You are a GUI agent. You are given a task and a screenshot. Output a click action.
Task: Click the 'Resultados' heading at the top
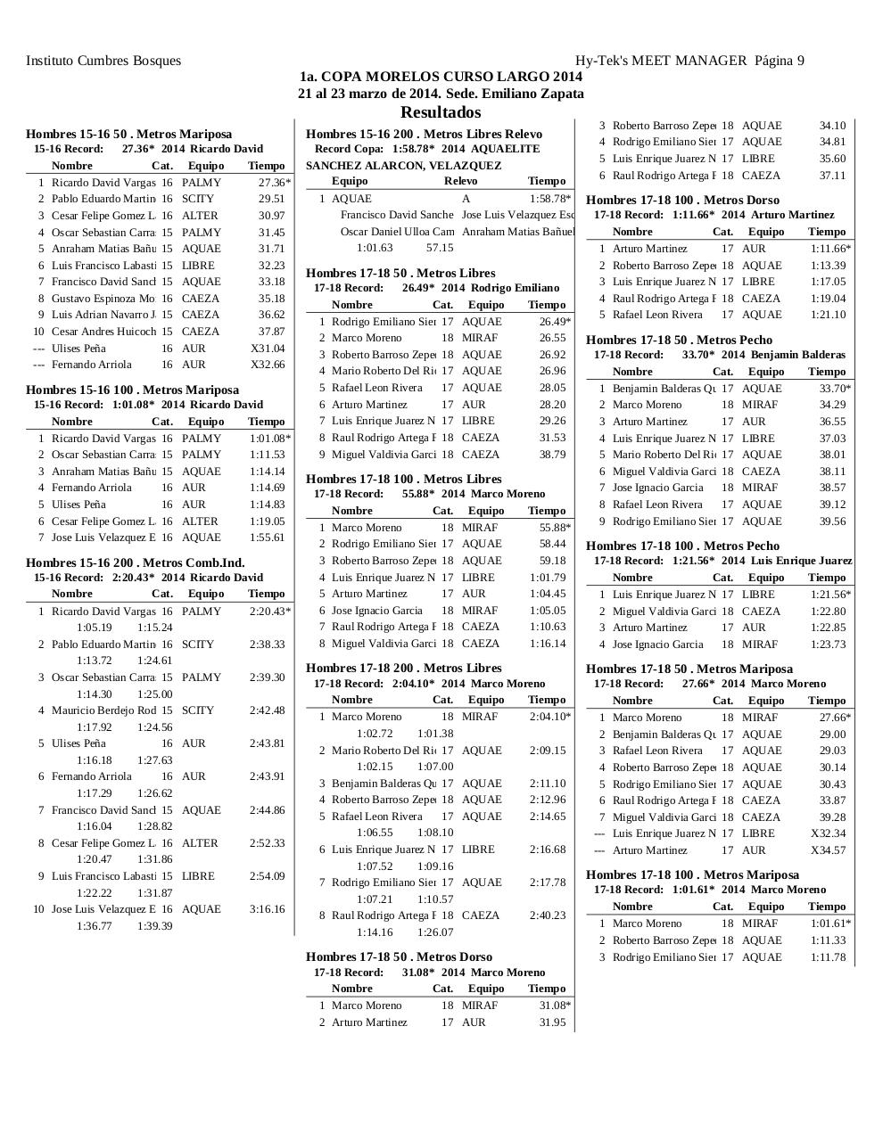point(441,112)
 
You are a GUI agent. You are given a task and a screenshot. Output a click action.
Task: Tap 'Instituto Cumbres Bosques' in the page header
point(103,61)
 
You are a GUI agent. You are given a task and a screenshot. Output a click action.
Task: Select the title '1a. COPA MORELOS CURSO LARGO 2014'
point(441,77)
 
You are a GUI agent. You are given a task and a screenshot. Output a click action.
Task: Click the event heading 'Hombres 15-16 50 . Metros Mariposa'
point(128,134)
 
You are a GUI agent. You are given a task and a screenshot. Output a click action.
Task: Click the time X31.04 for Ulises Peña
point(268,349)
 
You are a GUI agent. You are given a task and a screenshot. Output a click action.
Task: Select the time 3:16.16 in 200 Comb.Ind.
point(268,909)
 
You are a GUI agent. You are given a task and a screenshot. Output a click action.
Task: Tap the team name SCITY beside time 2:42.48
point(198,710)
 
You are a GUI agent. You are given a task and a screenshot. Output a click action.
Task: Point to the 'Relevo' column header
point(460,181)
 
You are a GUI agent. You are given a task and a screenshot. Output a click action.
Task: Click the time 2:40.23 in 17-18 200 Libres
point(548,915)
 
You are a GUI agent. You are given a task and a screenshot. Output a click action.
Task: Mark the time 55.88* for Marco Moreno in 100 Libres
point(553,528)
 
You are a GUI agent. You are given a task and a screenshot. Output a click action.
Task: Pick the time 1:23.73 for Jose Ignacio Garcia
point(828,644)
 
